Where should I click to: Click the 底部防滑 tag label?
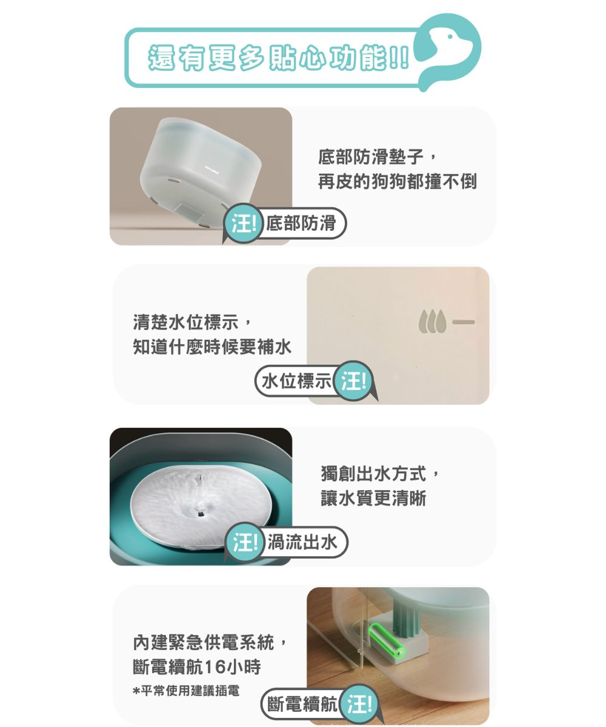(301, 223)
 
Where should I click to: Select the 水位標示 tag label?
(296, 380)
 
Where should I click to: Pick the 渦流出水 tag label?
(302, 542)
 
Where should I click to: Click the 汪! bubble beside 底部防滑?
(244, 223)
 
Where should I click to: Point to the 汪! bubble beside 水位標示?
(354, 380)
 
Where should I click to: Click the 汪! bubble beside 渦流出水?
(244, 542)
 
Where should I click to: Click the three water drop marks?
(432, 321)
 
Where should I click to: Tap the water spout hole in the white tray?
(200, 514)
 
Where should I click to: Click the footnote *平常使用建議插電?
(186, 691)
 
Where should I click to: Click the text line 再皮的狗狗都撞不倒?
(397, 181)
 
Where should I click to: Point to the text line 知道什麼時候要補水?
(211, 347)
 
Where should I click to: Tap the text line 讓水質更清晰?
(373, 498)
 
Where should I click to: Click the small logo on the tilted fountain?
(211, 171)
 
